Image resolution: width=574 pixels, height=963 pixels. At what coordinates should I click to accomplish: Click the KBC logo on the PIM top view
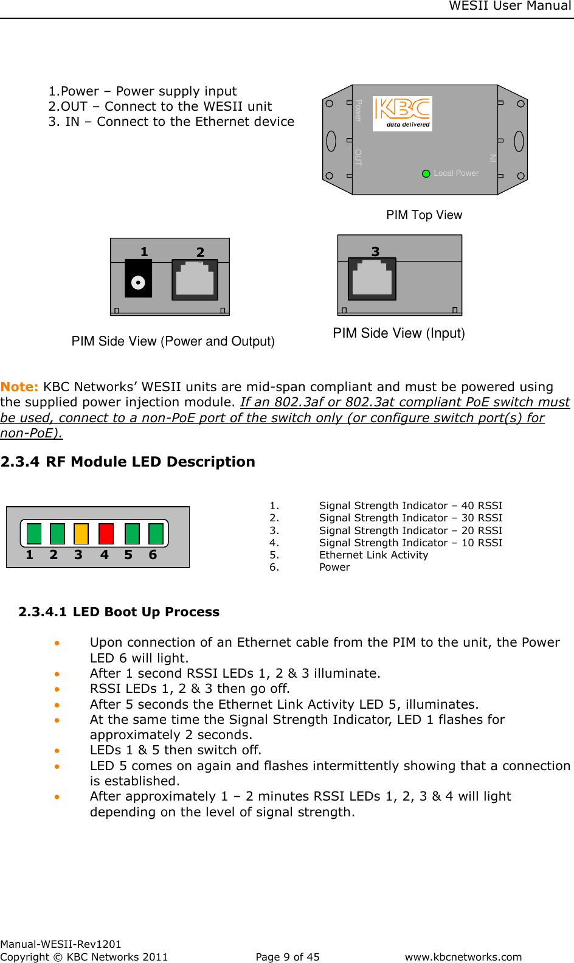point(402,113)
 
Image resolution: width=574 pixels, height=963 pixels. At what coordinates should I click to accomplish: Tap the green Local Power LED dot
point(426,173)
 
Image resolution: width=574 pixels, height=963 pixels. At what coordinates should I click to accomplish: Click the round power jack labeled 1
point(138,282)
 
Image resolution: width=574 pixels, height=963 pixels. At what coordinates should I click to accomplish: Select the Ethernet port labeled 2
point(195,280)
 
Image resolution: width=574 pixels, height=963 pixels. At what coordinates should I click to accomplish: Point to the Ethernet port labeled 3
point(372,279)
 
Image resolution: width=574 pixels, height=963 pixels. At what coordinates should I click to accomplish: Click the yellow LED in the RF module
point(81,534)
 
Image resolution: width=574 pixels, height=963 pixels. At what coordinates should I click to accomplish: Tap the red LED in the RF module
point(106,534)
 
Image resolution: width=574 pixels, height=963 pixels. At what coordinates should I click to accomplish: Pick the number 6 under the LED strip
point(153,555)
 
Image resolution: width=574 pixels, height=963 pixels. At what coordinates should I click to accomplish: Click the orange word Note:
point(19,387)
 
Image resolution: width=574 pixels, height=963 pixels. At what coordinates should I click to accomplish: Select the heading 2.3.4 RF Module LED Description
point(128,462)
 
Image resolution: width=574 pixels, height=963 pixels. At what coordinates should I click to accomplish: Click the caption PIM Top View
point(424,215)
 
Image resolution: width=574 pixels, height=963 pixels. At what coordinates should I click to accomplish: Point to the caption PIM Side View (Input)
point(398,333)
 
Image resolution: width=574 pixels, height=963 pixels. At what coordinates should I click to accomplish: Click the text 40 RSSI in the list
point(482,506)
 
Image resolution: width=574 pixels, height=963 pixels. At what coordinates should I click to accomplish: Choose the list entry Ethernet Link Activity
point(373,555)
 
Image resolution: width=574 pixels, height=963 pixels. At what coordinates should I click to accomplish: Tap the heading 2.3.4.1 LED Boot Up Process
point(119,612)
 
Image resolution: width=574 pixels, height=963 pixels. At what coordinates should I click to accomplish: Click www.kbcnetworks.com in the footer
point(463,957)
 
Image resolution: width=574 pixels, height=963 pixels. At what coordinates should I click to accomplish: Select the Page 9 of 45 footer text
point(287,957)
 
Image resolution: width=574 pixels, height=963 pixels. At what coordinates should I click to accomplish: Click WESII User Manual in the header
point(510,6)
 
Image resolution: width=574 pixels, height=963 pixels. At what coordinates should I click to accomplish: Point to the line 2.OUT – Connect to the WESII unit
point(160,106)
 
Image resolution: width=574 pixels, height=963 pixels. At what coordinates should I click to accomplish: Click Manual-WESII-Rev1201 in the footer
point(61,944)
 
